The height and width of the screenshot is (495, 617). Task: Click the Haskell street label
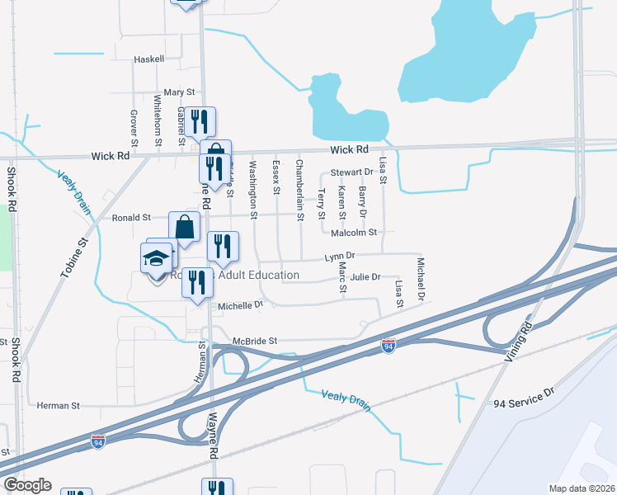pyautogui.click(x=150, y=59)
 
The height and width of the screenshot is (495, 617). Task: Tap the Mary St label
pyautogui.click(x=179, y=92)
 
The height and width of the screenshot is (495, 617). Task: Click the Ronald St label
pyautogui.click(x=133, y=218)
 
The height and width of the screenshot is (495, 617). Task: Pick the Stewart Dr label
pyautogui.click(x=352, y=172)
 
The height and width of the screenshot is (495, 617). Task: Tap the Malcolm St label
pyautogui.click(x=353, y=233)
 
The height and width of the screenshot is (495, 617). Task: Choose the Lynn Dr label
pyautogui.click(x=339, y=257)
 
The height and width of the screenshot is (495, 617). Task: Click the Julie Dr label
pyautogui.click(x=365, y=277)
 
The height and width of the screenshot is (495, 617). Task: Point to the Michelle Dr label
pyautogui.click(x=240, y=305)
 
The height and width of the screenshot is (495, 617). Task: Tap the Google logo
pyautogui.click(x=27, y=485)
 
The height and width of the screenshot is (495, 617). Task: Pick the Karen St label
pyautogui.click(x=341, y=203)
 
